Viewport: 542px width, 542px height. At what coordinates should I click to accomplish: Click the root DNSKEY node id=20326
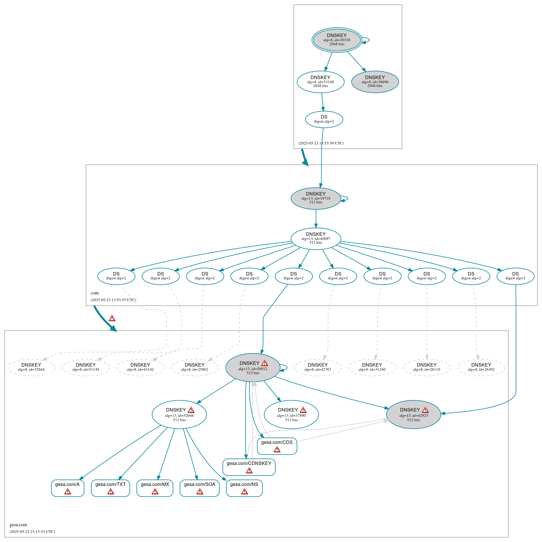point(337,40)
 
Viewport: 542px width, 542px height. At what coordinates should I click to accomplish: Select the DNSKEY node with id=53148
point(320,82)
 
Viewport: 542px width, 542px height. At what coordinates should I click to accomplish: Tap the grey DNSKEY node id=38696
point(375,82)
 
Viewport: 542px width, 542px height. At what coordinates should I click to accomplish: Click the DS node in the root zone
point(324,119)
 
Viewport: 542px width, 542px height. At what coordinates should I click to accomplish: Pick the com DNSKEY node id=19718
point(316,198)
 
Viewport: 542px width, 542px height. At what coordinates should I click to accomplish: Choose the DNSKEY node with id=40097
point(316,238)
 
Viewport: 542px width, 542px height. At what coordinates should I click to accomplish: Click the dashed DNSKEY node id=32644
point(31,367)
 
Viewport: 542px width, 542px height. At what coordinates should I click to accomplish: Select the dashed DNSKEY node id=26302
point(481,367)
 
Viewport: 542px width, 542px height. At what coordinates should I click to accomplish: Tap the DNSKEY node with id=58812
point(253,367)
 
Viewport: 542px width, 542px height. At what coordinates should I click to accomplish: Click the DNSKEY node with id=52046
point(179,414)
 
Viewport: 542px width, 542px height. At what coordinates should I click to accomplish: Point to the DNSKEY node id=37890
point(291,414)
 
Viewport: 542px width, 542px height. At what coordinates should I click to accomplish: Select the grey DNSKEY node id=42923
point(413,414)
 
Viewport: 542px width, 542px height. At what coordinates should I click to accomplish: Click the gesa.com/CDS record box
point(277,446)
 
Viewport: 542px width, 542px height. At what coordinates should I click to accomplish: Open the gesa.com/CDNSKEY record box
point(249,467)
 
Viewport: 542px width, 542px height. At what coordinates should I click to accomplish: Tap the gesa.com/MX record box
point(155,488)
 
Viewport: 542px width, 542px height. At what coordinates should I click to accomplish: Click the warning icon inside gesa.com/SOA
point(200,492)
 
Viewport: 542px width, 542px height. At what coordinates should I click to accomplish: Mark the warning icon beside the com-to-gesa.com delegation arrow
point(112,318)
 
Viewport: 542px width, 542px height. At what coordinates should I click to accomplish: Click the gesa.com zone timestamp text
point(32,531)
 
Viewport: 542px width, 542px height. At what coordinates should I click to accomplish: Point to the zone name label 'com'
point(95,293)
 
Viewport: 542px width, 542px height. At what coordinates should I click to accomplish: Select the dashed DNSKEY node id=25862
point(195,367)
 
